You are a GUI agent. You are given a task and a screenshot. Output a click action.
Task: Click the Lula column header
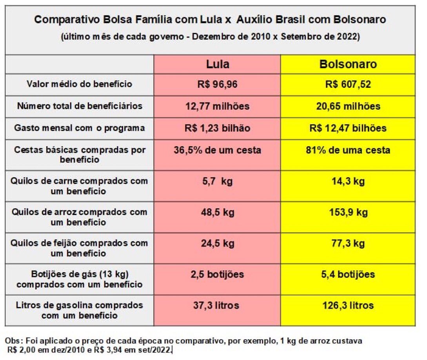tap(218, 64)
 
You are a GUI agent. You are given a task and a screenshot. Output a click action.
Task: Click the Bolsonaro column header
tap(348, 64)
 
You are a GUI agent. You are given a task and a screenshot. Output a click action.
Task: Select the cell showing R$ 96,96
tap(217, 84)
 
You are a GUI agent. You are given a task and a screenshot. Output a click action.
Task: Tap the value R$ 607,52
tap(348, 84)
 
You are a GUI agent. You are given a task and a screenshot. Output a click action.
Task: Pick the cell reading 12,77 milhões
tap(217, 106)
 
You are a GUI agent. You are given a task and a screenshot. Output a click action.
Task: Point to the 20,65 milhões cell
tap(348, 106)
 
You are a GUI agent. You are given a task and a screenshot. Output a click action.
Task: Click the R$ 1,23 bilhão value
tap(217, 128)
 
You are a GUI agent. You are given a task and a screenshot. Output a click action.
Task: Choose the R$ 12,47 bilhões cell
tap(348, 128)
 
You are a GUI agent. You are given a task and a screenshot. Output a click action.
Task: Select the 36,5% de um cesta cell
tap(217, 150)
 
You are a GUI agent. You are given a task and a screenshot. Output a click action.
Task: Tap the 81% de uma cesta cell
tap(348, 150)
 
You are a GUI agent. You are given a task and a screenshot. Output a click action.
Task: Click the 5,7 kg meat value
tap(217, 182)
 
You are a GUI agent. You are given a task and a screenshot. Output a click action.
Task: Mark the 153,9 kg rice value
tap(348, 213)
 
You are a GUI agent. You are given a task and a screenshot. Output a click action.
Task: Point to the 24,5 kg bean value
tap(217, 244)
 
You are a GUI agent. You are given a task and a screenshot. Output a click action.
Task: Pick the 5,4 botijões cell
tap(348, 274)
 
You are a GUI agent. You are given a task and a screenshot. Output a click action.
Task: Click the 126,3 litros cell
tap(348, 305)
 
